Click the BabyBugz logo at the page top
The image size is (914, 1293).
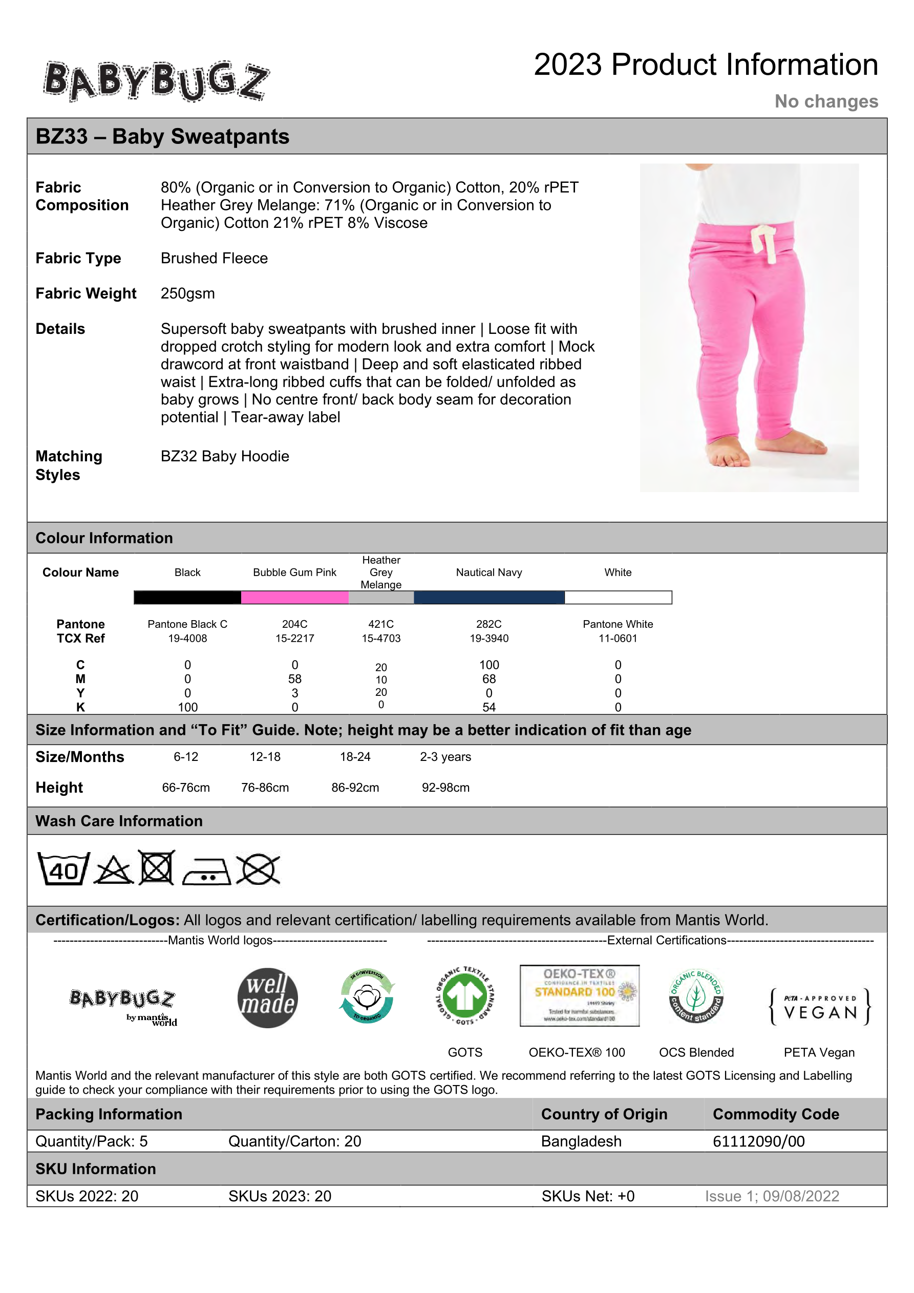(156, 81)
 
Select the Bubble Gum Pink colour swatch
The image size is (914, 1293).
(294, 598)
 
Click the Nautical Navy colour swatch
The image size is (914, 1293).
(489, 598)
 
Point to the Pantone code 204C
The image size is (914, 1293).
(294, 624)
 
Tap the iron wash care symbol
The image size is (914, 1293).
(206, 872)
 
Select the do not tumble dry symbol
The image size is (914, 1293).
(157, 868)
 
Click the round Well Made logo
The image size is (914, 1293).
(267, 998)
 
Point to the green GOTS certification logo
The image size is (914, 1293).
(465, 995)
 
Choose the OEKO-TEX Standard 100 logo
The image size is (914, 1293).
(579, 995)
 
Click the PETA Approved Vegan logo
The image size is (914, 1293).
(819, 1006)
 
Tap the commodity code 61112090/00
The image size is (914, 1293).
(758, 1141)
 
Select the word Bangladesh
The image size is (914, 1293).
(581, 1141)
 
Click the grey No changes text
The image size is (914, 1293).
(825, 101)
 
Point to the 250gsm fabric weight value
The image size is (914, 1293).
(187, 293)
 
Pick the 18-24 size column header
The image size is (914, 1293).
(355, 757)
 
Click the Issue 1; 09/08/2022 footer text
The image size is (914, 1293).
(772, 1196)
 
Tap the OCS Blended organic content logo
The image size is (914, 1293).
(696, 996)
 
